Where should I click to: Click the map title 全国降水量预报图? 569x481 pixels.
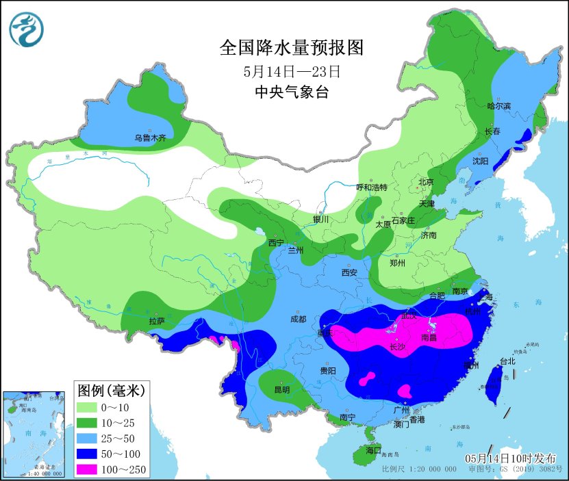point(290,47)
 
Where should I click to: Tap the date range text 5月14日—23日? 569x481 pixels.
point(291,71)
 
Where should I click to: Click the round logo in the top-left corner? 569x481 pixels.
point(26,29)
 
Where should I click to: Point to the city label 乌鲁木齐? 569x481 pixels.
point(150,138)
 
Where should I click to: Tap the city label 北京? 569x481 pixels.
point(426,182)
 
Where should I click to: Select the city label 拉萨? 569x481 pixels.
point(156,320)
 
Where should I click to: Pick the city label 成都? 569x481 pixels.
point(298,318)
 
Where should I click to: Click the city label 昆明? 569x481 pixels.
point(281,389)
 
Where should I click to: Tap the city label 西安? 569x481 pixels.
point(349,272)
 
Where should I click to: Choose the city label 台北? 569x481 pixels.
point(507,361)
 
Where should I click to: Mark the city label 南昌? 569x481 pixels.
point(429,337)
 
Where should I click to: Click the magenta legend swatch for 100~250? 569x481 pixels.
point(87,469)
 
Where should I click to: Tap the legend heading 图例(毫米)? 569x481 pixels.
point(110,391)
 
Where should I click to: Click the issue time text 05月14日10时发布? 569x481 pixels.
point(510,457)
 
